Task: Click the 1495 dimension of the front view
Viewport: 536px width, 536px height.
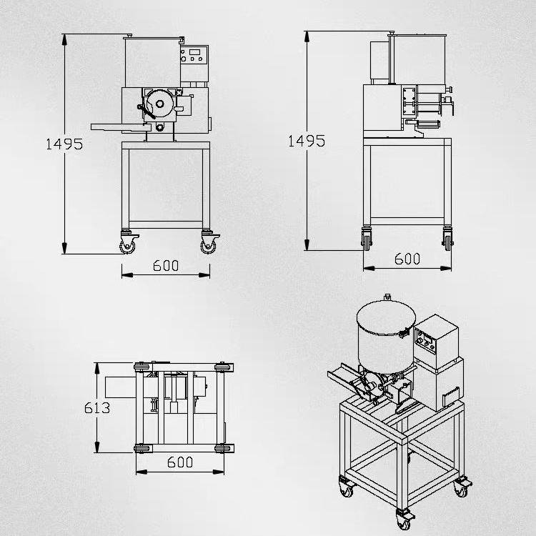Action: pyautogui.click(x=64, y=144)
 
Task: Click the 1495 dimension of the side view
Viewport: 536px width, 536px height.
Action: pyautogui.click(x=307, y=141)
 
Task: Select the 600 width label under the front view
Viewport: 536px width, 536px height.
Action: pyautogui.click(x=166, y=266)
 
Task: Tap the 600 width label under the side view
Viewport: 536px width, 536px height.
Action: pyautogui.click(x=407, y=259)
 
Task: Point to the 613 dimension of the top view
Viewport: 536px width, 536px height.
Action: pyautogui.click(x=97, y=408)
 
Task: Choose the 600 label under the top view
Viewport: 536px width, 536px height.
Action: pyautogui.click(x=180, y=462)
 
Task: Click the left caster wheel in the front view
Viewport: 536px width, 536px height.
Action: pyautogui.click(x=127, y=245)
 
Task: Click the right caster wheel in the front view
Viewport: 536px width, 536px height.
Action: pyautogui.click(x=208, y=245)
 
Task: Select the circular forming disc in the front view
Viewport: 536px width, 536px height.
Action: pyautogui.click(x=159, y=104)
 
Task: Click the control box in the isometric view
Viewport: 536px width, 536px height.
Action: pyautogui.click(x=436, y=341)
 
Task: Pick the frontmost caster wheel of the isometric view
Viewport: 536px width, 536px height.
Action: pyautogui.click(x=404, y=522)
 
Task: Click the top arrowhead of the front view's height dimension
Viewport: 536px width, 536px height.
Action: pyautogui.click(x=64, y=39)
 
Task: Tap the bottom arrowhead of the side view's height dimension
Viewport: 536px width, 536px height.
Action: pyautogui.click(x=307, y=244)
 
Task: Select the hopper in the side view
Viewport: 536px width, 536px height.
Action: pyautogui.click(x=418, y=59)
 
